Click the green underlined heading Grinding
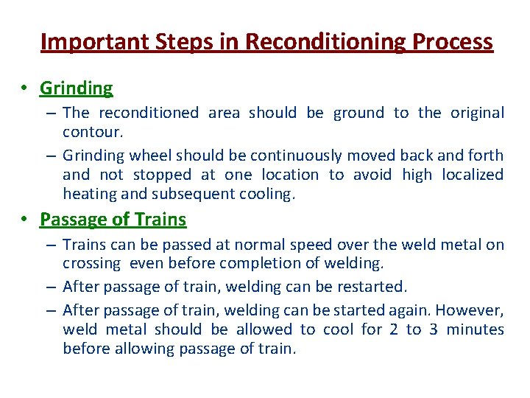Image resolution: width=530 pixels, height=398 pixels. [x=77, y=88]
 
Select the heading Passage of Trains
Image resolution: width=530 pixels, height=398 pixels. [x=113, y=220]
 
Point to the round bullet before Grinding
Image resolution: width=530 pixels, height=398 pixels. [x=24, y=88]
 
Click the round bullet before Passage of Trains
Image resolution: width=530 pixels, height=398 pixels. [x=24, y=220]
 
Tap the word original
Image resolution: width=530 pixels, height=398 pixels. [x=475, y=113]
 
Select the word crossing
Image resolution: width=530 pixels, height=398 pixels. [x=92, y=263]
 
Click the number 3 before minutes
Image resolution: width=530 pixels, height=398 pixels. [x=433, y=329]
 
